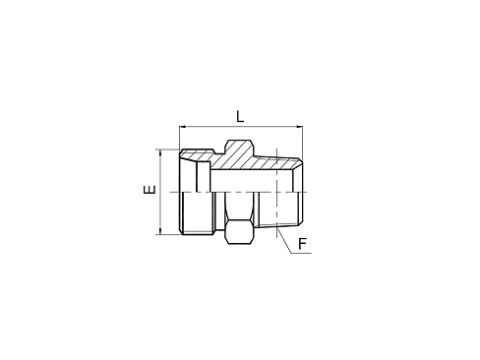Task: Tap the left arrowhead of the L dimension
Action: pyautogui.click(x=183, y=127)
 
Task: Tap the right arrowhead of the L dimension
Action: pyautogui.click(x=297, y=127)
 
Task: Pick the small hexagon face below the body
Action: pyautogui.click(x=237, y=231)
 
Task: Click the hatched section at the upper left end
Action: pyautogui.click(x=197, y=158)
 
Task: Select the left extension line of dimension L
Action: pyautogui.click(x=179, y=138)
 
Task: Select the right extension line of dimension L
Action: pyautogui.click(x=301, y=143)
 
